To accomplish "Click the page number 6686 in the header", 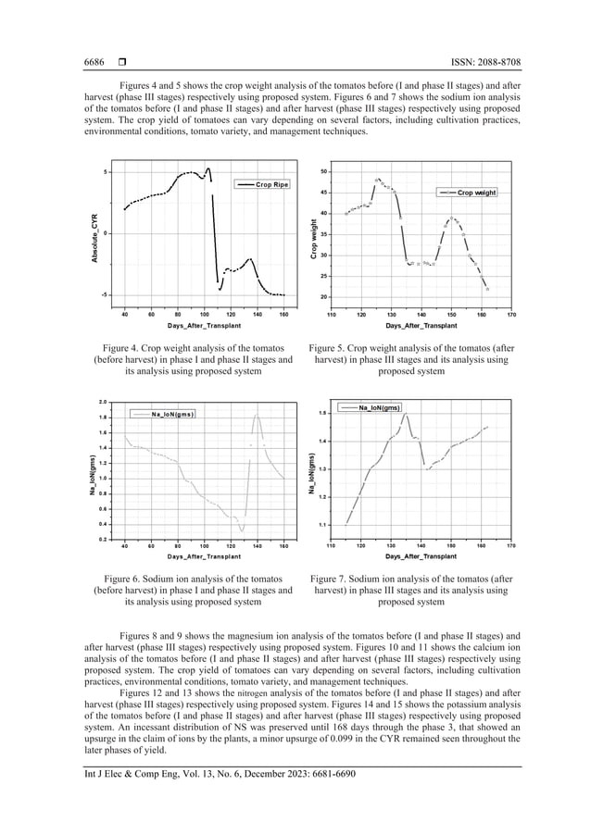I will coord(94,63).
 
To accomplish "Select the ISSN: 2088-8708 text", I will coord(483,63).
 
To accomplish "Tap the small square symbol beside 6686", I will coord(120,63).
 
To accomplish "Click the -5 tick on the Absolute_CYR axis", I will coord(107,294).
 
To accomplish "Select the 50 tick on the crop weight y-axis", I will coord(321,172).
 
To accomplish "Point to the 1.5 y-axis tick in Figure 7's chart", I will coord(321,413).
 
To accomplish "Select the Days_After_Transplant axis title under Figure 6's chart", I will coord(204,556).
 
